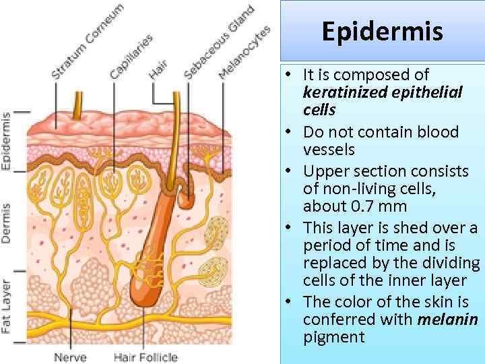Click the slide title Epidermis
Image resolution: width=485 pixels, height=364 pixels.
[x=382, y=31]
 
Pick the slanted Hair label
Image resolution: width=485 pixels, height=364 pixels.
[x=158, y=68]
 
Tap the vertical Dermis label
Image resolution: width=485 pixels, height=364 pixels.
[x=6, y=222]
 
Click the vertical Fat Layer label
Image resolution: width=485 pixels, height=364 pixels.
[x=6, y=306]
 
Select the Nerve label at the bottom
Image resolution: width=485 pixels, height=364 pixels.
[x=70, y=357]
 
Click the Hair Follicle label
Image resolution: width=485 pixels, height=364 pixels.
[x=145, y=357]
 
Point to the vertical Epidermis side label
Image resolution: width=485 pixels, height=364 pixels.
[x=6, y=140]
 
